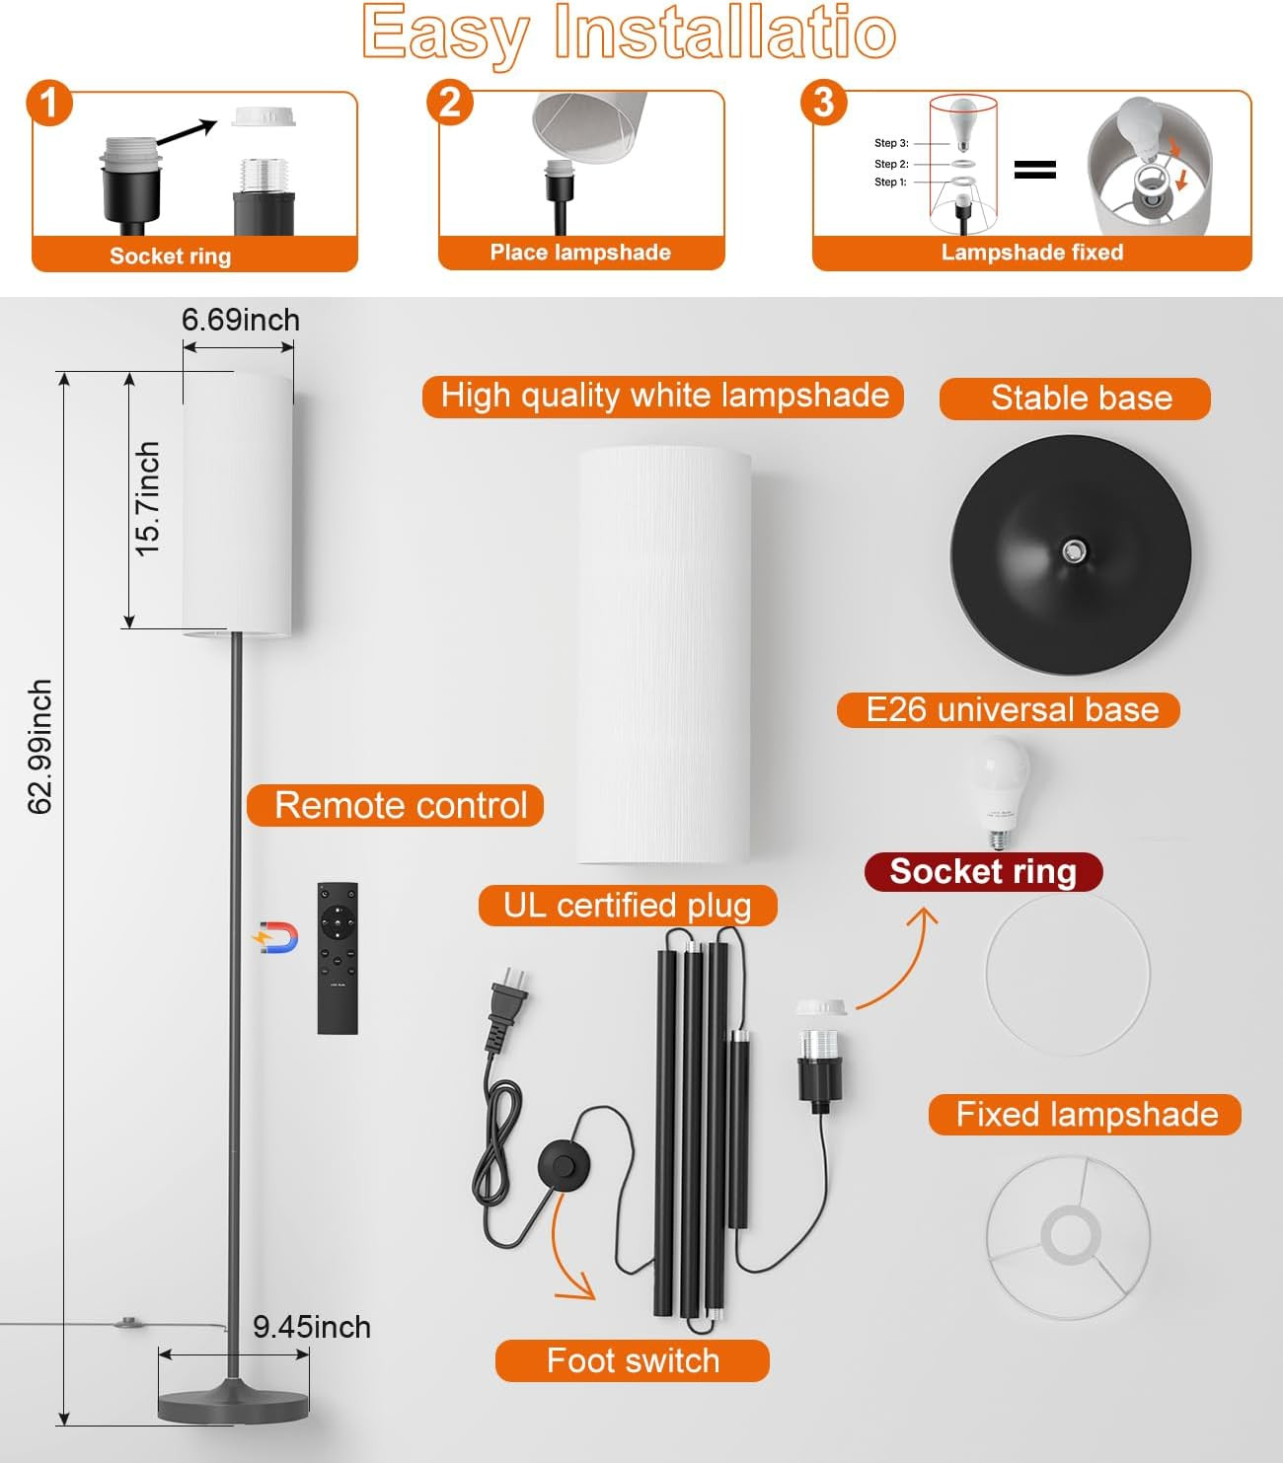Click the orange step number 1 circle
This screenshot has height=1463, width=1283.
(x=49, y=103)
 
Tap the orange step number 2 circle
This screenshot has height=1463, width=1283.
(x=450, y=103)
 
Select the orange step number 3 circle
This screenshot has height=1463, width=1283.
(x=824, y=103)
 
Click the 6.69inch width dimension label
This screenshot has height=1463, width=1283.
(x=240, y=320)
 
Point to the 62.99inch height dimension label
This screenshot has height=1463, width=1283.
(x=39, y=747)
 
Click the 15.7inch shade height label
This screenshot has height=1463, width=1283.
(x=147, y=498)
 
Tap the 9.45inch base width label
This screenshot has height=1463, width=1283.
(x=311, y=1327)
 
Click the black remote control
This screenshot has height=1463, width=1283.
(x=338, y=958)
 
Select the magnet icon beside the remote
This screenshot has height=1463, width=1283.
(x=277, y=937)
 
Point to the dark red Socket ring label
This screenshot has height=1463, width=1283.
(x=983, y=872)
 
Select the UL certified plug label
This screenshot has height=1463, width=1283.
(x=628, y=906)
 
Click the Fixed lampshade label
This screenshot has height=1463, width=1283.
(x=1085, y=1115)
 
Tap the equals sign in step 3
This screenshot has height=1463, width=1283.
(x=1034, y=170)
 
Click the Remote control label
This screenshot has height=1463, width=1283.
(x=395, y=805)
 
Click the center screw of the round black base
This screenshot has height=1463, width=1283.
(x=1074, y=550)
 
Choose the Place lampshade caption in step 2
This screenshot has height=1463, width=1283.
(x=580, y=253)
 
